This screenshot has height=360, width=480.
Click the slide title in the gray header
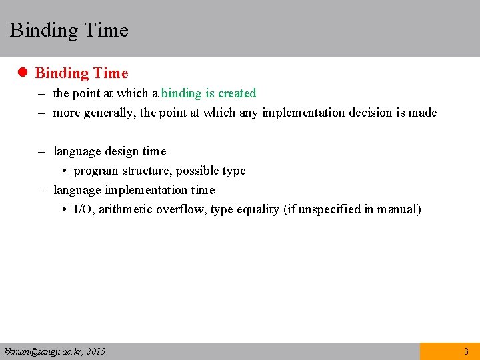(69, 30)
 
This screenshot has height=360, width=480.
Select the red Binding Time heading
(81, 73)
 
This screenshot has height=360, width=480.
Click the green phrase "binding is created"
(209, 93)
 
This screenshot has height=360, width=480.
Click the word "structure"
(147, 171)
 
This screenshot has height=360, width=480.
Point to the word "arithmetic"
(125, 209)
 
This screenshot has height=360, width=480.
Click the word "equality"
(258, 209)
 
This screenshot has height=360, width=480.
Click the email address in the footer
(55, 351)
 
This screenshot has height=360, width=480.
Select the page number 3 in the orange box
(466, 351)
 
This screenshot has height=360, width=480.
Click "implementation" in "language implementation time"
(147, 190)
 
